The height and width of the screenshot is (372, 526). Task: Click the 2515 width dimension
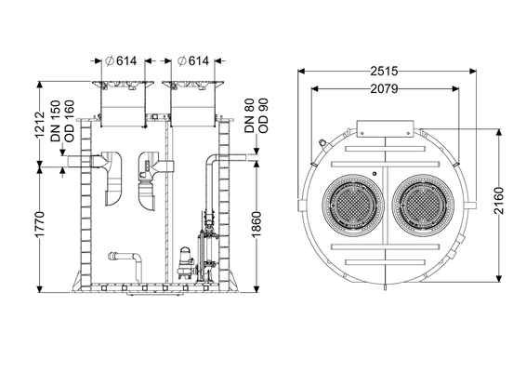384,71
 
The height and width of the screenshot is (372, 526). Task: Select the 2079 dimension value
384,88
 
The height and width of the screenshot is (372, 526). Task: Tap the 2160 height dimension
499,201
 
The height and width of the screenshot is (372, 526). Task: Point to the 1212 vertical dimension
40,125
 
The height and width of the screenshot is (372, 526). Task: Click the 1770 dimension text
40,224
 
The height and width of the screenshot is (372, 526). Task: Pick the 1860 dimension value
256,224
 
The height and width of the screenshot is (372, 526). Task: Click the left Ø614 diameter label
121,60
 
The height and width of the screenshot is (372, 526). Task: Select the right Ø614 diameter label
193,60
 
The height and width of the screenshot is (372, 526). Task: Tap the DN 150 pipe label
56,121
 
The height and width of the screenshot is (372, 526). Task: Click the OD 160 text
69,121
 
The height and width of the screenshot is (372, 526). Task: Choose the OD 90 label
263,115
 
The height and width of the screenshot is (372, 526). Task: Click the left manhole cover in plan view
353,205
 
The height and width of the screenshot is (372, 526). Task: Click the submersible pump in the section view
186,263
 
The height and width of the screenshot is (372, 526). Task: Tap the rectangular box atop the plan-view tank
385,129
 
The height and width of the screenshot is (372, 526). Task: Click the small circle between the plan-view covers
375,174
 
